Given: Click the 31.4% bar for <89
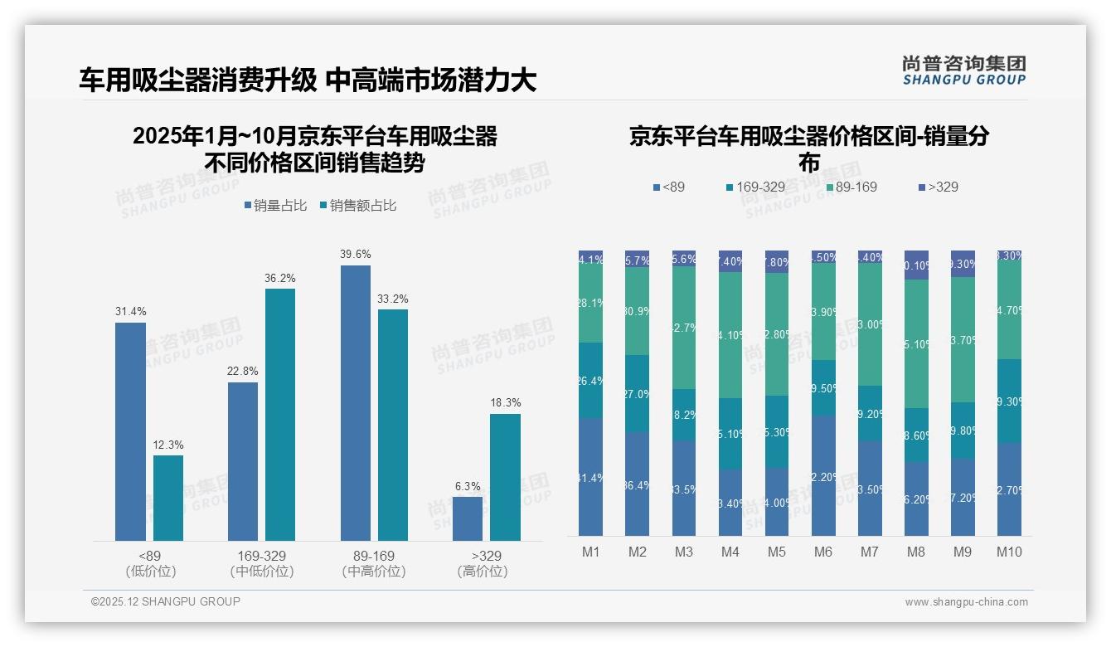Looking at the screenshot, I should tap(130, 431).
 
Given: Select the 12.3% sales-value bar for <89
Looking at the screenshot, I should tap(168, 498).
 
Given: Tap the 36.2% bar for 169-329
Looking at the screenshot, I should tap(280, 415).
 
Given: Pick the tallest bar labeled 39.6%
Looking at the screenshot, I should tap(356, 403).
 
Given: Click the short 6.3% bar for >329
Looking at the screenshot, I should tap(468, 518).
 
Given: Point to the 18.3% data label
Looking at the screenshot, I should tap(505, 403).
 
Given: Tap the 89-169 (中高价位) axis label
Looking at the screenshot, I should tap(374, 563).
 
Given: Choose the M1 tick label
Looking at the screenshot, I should tap(591, 552).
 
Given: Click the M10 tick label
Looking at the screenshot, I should tap(1008, 552).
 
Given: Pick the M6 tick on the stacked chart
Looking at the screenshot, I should tap(823, 552).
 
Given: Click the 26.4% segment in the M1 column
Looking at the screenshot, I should tap(591, 380).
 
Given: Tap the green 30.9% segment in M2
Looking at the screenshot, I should tap(638, 311).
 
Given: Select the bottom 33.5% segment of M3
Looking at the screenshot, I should tap(684, 488).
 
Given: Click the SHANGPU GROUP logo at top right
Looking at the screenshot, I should tap(963, 70).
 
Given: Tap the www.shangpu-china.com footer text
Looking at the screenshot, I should tap(966, 602).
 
